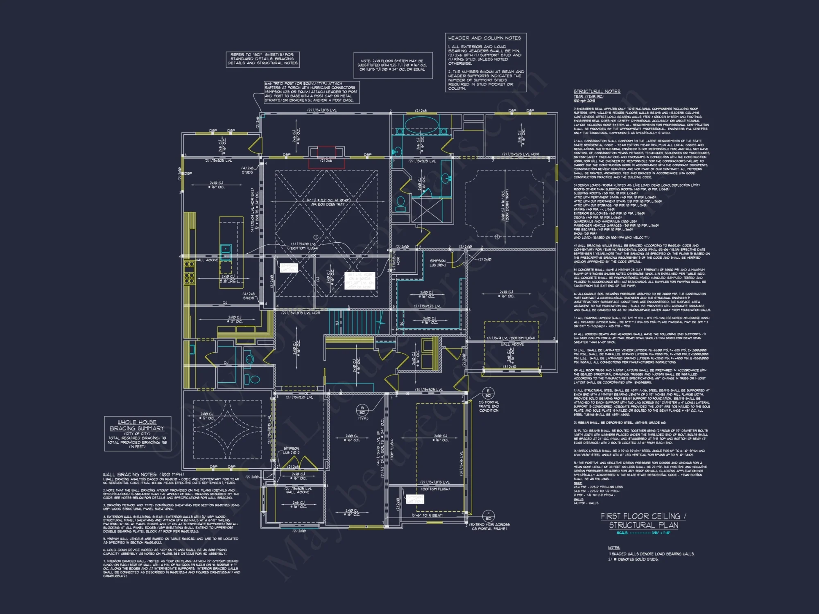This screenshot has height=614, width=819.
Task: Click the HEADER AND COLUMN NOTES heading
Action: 484,38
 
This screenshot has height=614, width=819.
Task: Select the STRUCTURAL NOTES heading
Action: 597,91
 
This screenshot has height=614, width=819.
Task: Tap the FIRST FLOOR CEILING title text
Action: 643,517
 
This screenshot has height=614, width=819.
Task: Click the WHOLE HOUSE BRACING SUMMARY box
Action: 137,433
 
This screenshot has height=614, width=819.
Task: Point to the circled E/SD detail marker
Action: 488,393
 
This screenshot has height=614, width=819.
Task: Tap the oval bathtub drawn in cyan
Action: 416,123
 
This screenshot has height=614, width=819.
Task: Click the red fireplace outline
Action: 326,157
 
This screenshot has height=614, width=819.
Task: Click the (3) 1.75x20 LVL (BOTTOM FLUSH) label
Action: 304,246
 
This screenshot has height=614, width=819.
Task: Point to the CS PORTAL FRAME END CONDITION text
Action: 489,406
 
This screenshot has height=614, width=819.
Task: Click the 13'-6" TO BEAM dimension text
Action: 427,515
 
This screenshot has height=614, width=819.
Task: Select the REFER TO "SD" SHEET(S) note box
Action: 262,59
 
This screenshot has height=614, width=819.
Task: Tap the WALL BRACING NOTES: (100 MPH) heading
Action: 143,474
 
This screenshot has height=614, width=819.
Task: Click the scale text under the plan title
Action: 643,533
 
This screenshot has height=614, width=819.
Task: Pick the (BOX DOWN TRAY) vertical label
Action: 507,205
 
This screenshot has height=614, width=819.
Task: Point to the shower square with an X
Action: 427,210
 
